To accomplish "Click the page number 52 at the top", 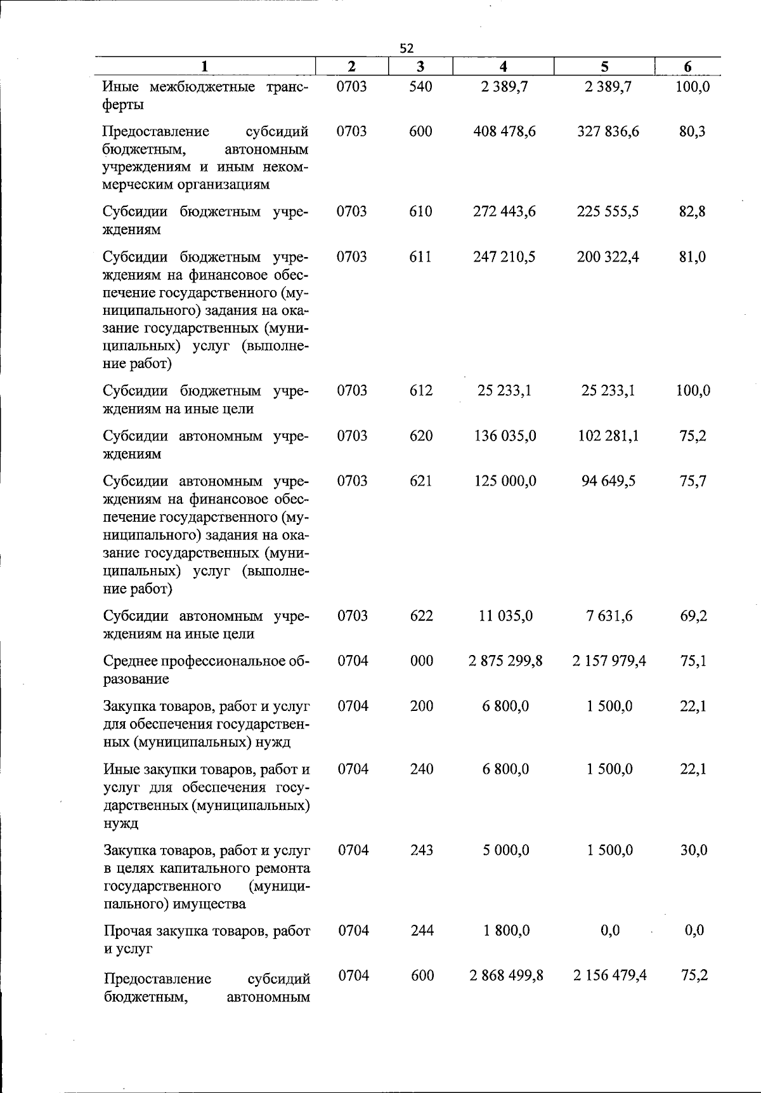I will click(x=407, y=48).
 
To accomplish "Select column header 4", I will click(x=503, y=67).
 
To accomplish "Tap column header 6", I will click(x=687, y=67).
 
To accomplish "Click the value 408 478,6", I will click(x=504, y=131).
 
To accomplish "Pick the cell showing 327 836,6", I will click(x=608, y=131).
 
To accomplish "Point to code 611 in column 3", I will click(x=420, y=257).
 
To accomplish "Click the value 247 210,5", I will click(x=504, y=257).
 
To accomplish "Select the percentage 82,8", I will click(x=693, y=211).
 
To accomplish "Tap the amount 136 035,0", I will click(x=505, y=436).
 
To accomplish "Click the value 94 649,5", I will click(x=608, y=481).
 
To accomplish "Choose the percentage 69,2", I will click(x=694, y=616).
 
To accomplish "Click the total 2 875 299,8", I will click(x=505, y=661).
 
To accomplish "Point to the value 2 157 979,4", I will click(x=609, y=661).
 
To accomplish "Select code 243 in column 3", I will click(x=422, y=850).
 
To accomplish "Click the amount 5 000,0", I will click(x=506, y=850).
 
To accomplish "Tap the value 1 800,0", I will click(x=506, y=931).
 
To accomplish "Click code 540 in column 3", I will click(x=420, y=86).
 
